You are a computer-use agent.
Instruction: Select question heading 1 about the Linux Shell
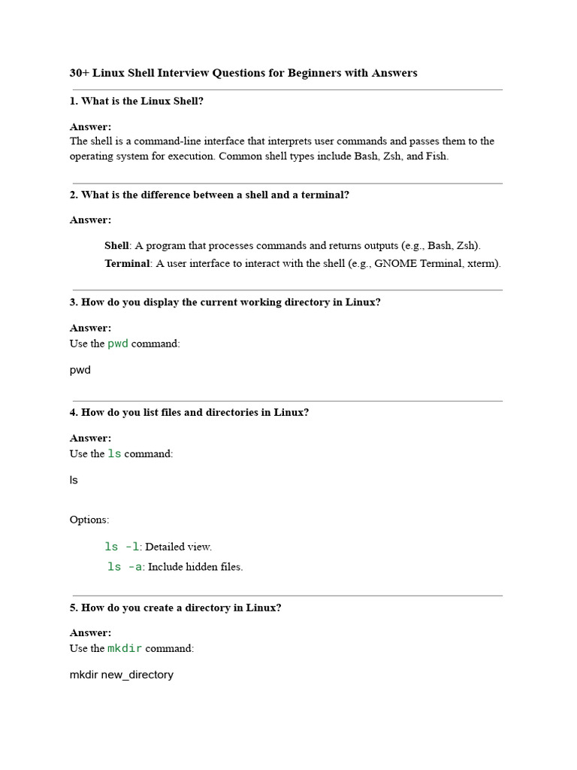(x=137, y=102)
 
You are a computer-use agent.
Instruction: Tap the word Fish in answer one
(x=436, y=156)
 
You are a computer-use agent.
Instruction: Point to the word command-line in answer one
(x=169, y=141)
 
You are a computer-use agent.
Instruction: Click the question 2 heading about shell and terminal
(x=210, y=195)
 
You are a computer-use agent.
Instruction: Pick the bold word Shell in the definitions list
(x=116, y=246)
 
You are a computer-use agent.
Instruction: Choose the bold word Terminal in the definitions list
(x=128, y=263)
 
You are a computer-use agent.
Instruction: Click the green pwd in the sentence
(x=118, y=344)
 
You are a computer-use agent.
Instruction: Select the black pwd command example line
(x=80, y=370)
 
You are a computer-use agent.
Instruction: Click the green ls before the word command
(x=114, y=454)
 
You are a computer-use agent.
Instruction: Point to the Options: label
(x=89, y=520)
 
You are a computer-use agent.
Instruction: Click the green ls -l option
(x=122, y=547)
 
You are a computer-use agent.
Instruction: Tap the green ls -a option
(x=125, y=567)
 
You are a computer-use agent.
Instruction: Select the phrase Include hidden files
(x=195, y=567)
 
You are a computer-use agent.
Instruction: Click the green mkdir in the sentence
(x=125, y=648)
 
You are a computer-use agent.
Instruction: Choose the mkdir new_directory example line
(x=122, y=675)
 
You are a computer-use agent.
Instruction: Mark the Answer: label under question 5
(x=90, y=633)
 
